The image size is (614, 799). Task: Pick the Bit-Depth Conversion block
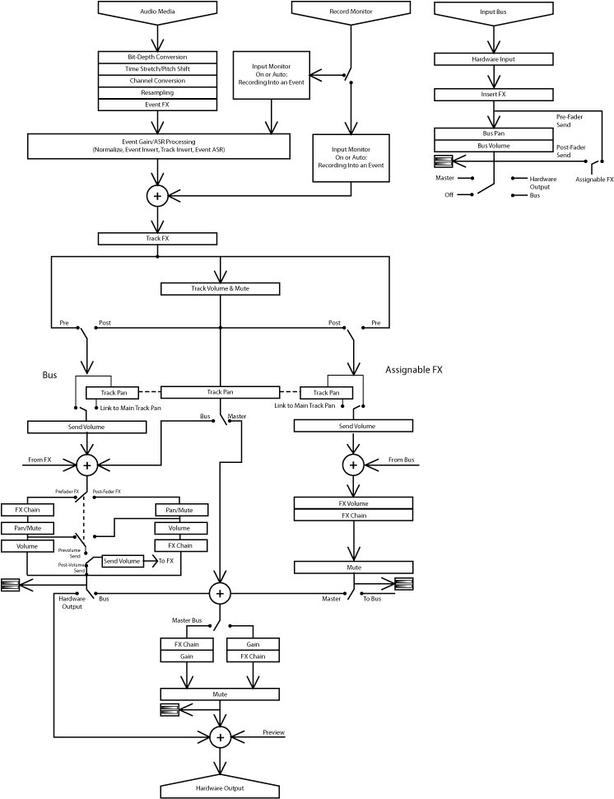tap(157, 57)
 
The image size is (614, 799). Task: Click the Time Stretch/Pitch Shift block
tap(157, 69)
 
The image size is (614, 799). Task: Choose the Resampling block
tap(157, 93)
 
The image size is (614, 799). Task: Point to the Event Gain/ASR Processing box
tap(158, 146)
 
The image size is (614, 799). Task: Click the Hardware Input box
tap(493, 59)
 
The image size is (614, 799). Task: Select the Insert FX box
tap(493, 95)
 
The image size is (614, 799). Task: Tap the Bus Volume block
tap(493, 146)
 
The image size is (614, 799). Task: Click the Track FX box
tap(157, 239)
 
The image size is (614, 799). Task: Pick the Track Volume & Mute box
tap(220, 288)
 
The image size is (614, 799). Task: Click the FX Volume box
tap(353, 503)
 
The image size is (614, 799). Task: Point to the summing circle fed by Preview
tap(220, 737)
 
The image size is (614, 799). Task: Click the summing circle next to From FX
tap(87, 465)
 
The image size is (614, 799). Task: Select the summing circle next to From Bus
tap(353, 465)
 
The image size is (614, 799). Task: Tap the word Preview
tap(273, 732)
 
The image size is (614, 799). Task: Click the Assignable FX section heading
tap(413, 370)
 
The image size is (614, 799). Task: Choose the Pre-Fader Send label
tap(570, 121)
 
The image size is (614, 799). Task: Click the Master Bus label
tap(186, 619)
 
